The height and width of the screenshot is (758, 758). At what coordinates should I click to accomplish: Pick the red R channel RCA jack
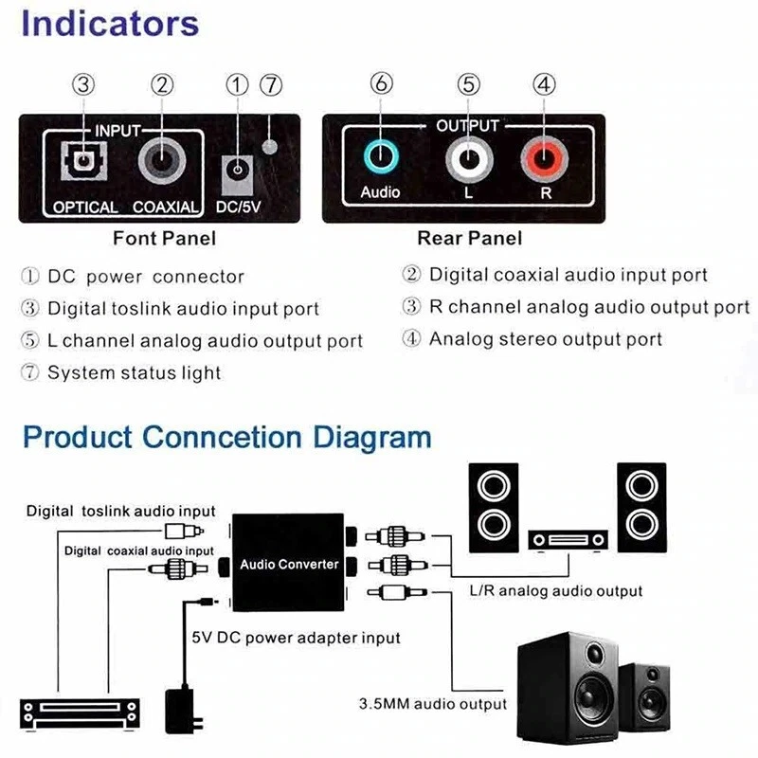point(544,157)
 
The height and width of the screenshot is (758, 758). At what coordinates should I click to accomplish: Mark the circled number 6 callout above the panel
point(381,84)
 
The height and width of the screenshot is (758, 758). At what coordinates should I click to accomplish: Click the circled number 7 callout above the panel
point(271,84)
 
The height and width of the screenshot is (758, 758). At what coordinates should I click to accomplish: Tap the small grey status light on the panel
point(271,147)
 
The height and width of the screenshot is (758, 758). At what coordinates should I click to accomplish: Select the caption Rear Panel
point(469,238)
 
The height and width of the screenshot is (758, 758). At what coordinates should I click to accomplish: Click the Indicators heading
point(110,25)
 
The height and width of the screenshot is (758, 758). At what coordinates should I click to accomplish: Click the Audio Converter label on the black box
point(289,565)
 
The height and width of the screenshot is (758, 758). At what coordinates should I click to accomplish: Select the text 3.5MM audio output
point(432,704)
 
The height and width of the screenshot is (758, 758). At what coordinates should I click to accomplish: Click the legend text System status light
point(134,373)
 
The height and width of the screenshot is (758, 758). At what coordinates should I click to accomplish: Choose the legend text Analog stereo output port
point(545,339)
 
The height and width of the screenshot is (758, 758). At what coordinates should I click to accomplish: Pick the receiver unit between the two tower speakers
point(568,540)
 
